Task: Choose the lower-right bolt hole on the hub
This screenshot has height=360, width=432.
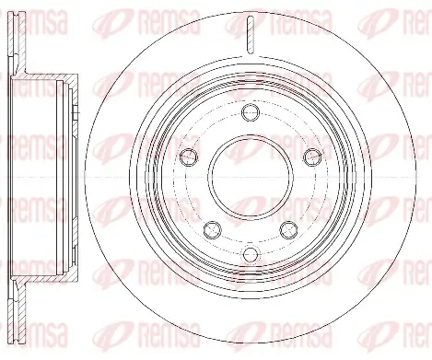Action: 288,227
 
